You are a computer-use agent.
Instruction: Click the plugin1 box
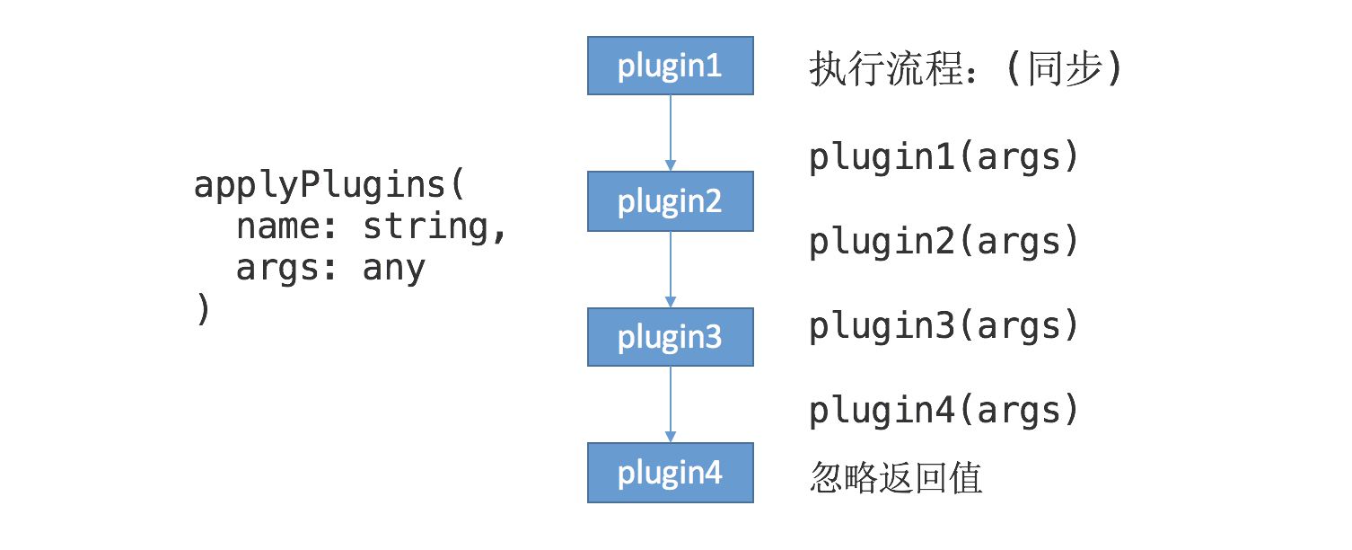(x=670, y=66)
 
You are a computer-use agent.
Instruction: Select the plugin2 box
(x=670, y=201)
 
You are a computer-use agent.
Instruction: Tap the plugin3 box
(x=670, y=337)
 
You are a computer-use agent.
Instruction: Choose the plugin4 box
(x=670, y=473)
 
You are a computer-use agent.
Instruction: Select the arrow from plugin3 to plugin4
(x=670, y=404)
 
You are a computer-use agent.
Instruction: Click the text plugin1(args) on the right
(x=943, y=158)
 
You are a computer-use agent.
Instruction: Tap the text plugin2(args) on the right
(x=943, y=242)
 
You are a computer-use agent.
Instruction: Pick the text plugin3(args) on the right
(x=943, y=326)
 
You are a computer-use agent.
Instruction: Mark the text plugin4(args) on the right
(x=943, y=411)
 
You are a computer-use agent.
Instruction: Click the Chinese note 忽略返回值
(x=896, y=477)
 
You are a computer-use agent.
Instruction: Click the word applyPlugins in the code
(x=320, y=186)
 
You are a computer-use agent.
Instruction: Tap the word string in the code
(x=426, y=227)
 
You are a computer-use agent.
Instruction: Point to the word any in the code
(x=393, y=269)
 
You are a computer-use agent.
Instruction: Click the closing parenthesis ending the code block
(x=203, y=310)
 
